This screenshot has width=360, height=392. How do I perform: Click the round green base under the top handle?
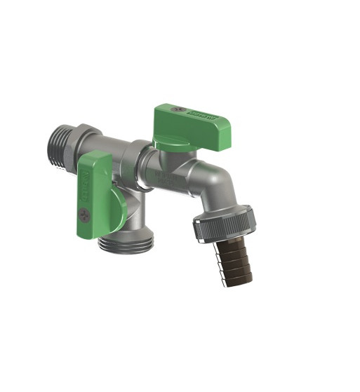point(172,144)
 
